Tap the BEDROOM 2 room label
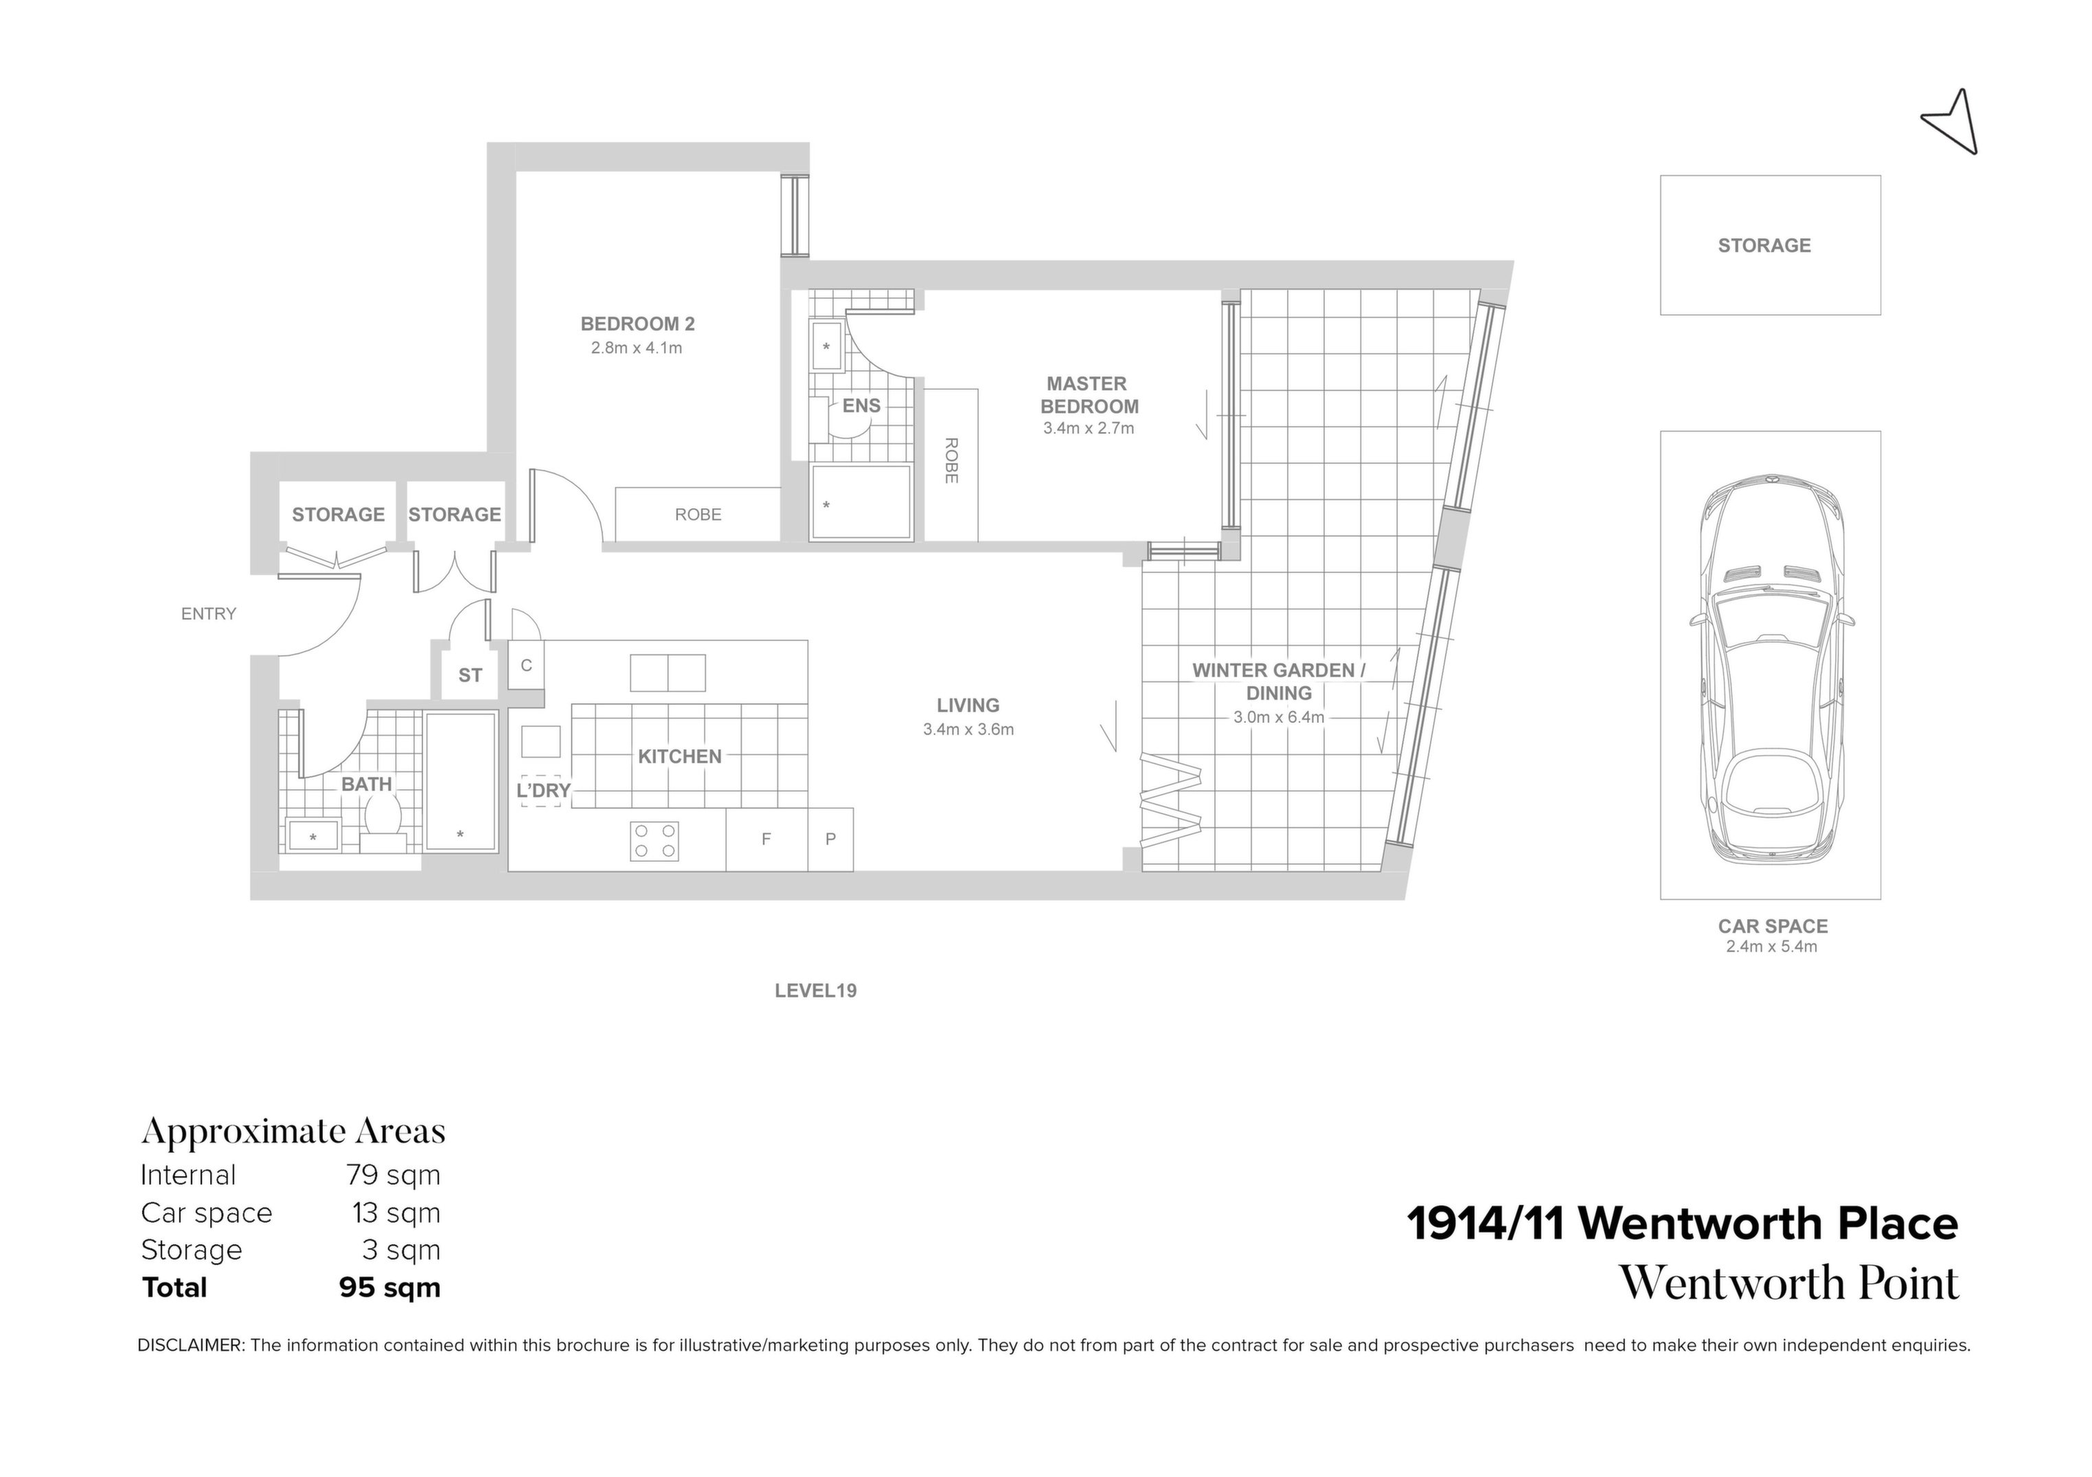tap(637, 324)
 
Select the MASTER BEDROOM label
tap(1089, 394)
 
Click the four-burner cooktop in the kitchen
tap(653, 840)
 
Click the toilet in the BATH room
tap(383, 815)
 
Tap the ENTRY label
tap(209, 614)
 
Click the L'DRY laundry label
tap(543, 791)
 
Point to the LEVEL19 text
tap(815, 991)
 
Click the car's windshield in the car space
tap(1771, 620)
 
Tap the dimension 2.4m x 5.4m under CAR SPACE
tap(1771, 947)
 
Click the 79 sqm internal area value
tap(393, 1175)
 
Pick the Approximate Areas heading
tap(293, 1131)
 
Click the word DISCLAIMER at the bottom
tap(190, 1345)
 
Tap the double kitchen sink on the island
tap(667, 673)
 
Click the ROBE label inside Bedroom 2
tap(698, 515)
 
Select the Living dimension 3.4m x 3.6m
tap(968, 729)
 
